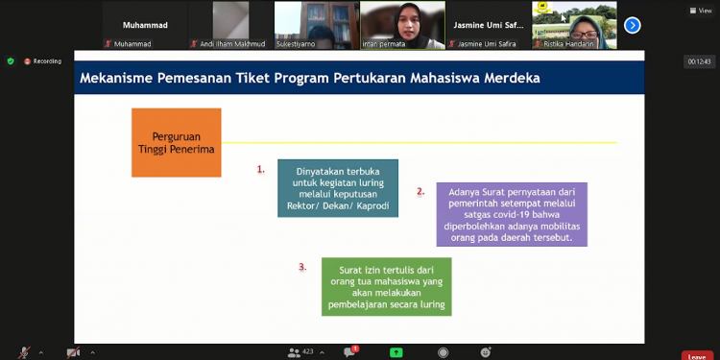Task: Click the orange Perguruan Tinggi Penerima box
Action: point(176,142)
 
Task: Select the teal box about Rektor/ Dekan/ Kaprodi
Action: point(338,188)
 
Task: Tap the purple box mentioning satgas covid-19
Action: point(511,214)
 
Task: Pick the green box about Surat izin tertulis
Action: point(386,285)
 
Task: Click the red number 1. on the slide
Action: point(260,170)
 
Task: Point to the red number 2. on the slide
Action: point(420,191)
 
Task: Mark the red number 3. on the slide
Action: point(302,267)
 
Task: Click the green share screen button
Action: point(396,352)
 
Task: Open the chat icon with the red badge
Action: point(349,352)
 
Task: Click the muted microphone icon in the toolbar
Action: point(23,353)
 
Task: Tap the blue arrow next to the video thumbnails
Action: point(632,25)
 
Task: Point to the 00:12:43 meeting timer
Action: point(698,61)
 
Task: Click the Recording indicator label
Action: point(47,61)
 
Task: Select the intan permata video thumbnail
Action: point(402,25)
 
